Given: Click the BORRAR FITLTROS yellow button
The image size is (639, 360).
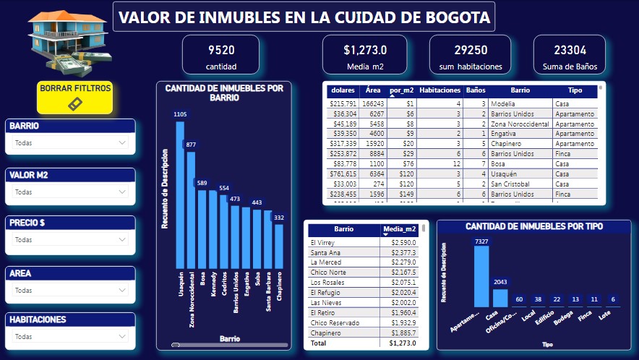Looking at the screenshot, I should pos(75,97).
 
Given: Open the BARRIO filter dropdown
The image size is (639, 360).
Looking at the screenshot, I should pos(70,142).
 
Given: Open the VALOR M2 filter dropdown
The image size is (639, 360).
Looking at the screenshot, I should pos(70,192).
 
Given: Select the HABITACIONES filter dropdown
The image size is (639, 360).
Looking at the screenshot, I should pos(70,336).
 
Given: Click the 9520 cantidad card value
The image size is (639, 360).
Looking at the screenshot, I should pos(221,50).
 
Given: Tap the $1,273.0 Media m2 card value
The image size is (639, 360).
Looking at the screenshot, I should pos(365,50).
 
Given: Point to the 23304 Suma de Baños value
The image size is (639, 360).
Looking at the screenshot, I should pos(570,50).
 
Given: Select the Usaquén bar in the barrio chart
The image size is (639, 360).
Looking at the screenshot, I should pos(180,195).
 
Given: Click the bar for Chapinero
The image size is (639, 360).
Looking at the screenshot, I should pos(279,246).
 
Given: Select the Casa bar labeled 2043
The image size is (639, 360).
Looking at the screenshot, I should pos(500,298).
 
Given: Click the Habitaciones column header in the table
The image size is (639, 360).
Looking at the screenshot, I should pos(439,91).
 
